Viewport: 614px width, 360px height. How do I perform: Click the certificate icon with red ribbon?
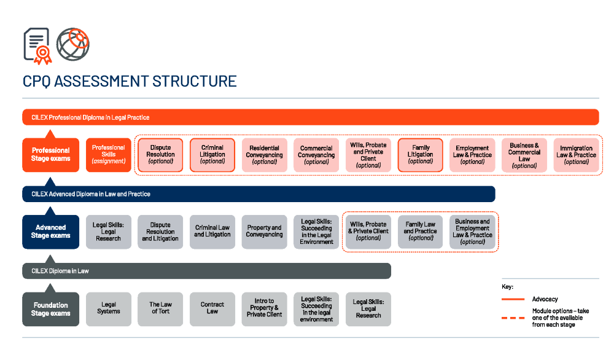pos(37,46)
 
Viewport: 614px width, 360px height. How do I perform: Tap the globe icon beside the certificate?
pos(73,44)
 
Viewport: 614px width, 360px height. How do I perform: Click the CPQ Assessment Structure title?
pos(130,82)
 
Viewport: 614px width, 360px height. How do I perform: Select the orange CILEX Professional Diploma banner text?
pos(90,117)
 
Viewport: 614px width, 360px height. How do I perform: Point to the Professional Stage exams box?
pos(50,155)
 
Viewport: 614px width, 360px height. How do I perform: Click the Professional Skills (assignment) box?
pos(109,155)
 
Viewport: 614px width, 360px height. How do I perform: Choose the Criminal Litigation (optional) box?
pos(212,155)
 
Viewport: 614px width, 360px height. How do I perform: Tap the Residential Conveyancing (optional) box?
pos(264,155)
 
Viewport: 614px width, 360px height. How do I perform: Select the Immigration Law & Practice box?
pos(576,155)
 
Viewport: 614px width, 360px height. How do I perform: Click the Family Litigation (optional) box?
pos(420,155)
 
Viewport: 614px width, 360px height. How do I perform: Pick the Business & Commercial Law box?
pos(524,155)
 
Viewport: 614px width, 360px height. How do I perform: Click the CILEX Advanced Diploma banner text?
pos(91,194)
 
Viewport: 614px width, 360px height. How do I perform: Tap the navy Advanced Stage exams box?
pos(50,232)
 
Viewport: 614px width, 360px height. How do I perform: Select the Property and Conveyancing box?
pos(264,232)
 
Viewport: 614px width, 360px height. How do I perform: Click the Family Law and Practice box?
pos(420,232)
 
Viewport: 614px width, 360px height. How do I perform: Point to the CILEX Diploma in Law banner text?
pos(60,271)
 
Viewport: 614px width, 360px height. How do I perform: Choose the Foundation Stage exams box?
pos(50,309)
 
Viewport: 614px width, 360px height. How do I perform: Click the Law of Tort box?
pos(160,309)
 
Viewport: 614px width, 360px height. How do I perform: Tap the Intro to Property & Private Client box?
pos(264,309)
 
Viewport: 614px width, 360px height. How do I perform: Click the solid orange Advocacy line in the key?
pos(513,299)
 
